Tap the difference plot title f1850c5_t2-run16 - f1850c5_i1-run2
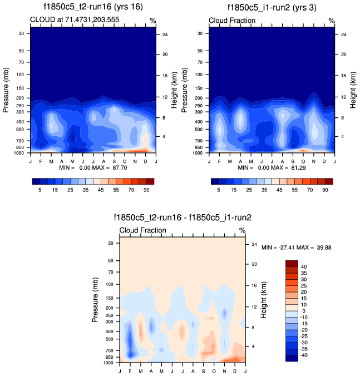point(182,217)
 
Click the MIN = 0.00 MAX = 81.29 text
point(272,167)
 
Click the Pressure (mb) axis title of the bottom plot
point(95,300)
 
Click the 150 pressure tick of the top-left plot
point(21,88)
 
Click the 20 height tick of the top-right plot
point(343,55)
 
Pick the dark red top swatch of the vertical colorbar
point(292,263)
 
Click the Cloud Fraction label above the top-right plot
point(232,21)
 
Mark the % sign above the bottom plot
point(242,230)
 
